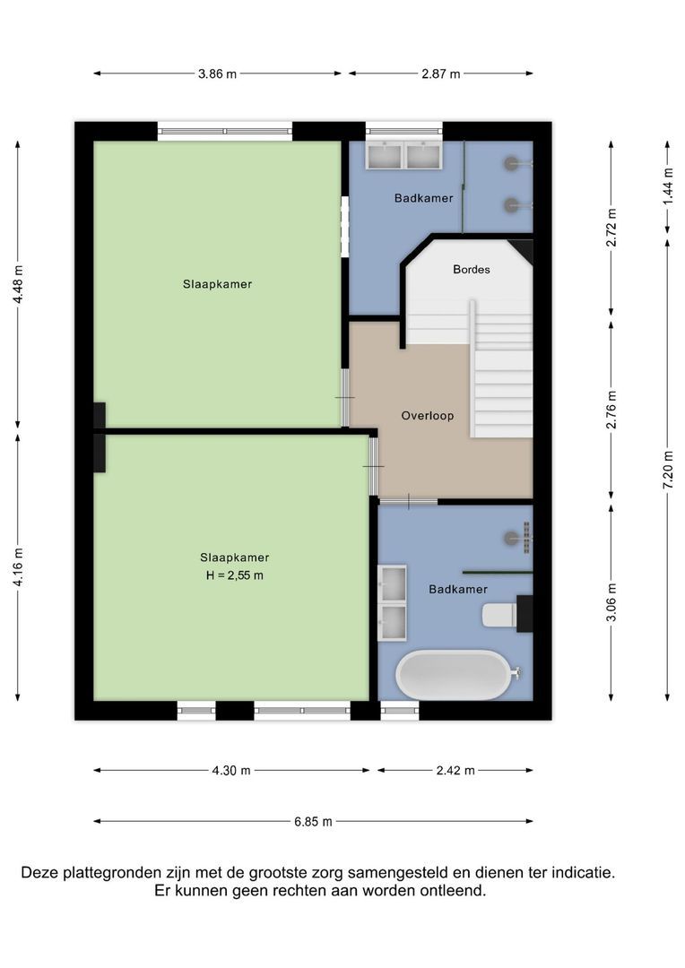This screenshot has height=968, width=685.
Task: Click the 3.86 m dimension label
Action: click(217, 74)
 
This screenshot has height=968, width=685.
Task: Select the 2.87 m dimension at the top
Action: click(440, 74)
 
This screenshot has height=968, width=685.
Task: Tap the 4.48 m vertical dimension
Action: click(18, 284)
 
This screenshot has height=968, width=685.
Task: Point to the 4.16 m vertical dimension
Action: click(18, 566)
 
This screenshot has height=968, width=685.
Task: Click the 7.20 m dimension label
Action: click(667, 467)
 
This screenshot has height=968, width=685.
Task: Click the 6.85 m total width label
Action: click(313, 821)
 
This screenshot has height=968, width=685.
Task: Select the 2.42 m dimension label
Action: click(455, 770)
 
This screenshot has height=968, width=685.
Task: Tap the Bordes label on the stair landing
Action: click(471, 269)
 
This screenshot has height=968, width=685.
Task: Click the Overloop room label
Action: click(427, 416)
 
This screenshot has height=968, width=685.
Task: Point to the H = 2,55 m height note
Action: click(234, 575)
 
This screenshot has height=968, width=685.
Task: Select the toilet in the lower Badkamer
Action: click(500, 615)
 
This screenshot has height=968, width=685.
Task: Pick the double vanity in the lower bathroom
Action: click(392, 602)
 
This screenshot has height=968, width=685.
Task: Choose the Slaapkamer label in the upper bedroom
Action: click(217, 284)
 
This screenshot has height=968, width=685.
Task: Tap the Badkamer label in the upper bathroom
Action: click(423, 198)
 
